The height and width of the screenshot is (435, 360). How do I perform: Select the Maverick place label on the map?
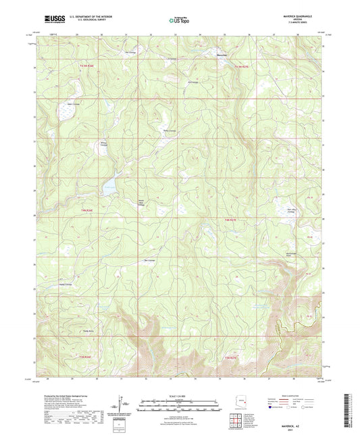tap(222, 54)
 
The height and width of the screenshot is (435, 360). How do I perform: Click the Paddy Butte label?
tap(87, 331)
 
